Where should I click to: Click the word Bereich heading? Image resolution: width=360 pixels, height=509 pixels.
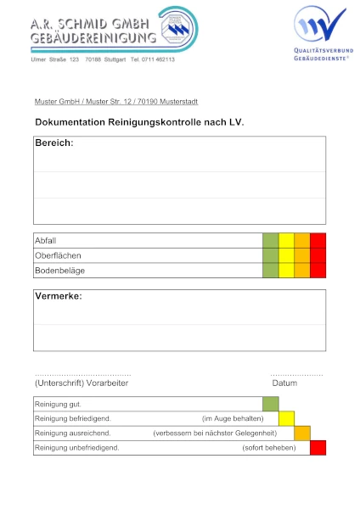tap(54, 143)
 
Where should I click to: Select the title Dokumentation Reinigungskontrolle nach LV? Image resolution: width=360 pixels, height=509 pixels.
tap(139, 122)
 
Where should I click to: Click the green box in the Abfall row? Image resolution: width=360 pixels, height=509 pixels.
tap(271, 240)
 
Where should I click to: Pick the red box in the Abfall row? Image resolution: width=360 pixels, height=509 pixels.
tap(318, 240)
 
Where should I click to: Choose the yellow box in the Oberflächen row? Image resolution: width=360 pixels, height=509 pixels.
tap(287, 255)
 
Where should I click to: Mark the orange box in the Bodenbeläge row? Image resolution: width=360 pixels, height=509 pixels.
tap(302, 271)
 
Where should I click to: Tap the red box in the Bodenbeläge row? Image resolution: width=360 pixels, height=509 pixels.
tap(318, 271)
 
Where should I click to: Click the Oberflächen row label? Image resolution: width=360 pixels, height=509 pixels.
tap(59, 255)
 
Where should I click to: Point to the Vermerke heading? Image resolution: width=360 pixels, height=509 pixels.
tap(59, 297)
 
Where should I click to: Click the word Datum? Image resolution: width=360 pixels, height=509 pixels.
tap(284, 383)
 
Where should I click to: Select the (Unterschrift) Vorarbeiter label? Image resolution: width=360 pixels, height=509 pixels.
tap(82, 383)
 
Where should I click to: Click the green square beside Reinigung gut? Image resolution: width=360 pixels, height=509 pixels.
tap(271, 404)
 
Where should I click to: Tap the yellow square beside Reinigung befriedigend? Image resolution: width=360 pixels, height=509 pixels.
tap(287, 418)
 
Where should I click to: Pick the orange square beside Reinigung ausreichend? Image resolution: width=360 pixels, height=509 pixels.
tap(302, 433)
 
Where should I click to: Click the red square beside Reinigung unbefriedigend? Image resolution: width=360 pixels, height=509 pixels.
tap(318, 447)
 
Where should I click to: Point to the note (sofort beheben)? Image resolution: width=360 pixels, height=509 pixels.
tap(269, 448)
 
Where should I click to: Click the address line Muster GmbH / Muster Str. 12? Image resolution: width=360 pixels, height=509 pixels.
tap(116, 102)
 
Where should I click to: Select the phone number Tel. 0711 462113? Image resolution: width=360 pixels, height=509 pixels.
tap(153, 59)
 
